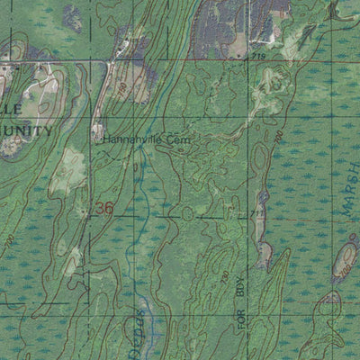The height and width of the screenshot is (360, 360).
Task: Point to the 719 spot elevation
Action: (259, 58)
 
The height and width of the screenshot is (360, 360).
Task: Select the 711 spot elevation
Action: (256, 213)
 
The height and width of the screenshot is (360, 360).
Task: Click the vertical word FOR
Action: (240, 322)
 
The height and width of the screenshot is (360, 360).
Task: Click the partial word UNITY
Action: (27, 131)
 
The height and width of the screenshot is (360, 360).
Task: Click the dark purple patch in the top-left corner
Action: (72, 16)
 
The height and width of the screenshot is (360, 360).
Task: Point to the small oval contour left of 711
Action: (186, 213)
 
